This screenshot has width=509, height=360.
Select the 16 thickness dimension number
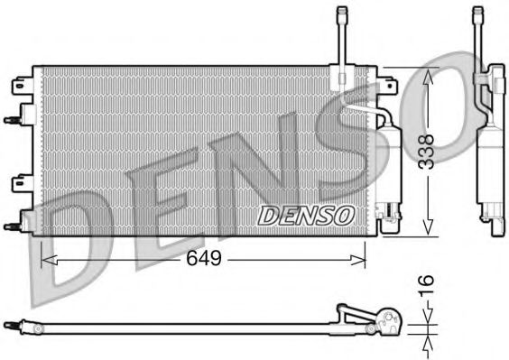pos(430,288)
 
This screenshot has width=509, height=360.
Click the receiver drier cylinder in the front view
pos(392,162)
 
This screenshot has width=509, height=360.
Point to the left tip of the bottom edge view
pos(6,321)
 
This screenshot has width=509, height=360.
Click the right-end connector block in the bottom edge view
pos(391,321)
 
